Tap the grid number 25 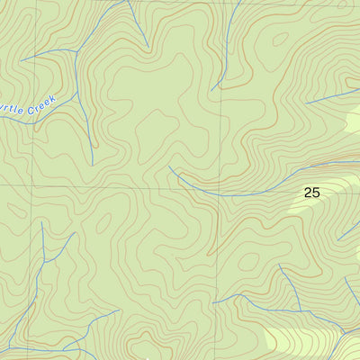coord(311,192)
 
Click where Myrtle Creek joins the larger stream coord(79,88)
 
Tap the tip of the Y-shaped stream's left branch coord(42,222)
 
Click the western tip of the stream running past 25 coord(169,166)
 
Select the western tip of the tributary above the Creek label coord(22,61)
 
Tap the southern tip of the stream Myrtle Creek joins coord(93,166)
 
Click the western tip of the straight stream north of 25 coord(306,102)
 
